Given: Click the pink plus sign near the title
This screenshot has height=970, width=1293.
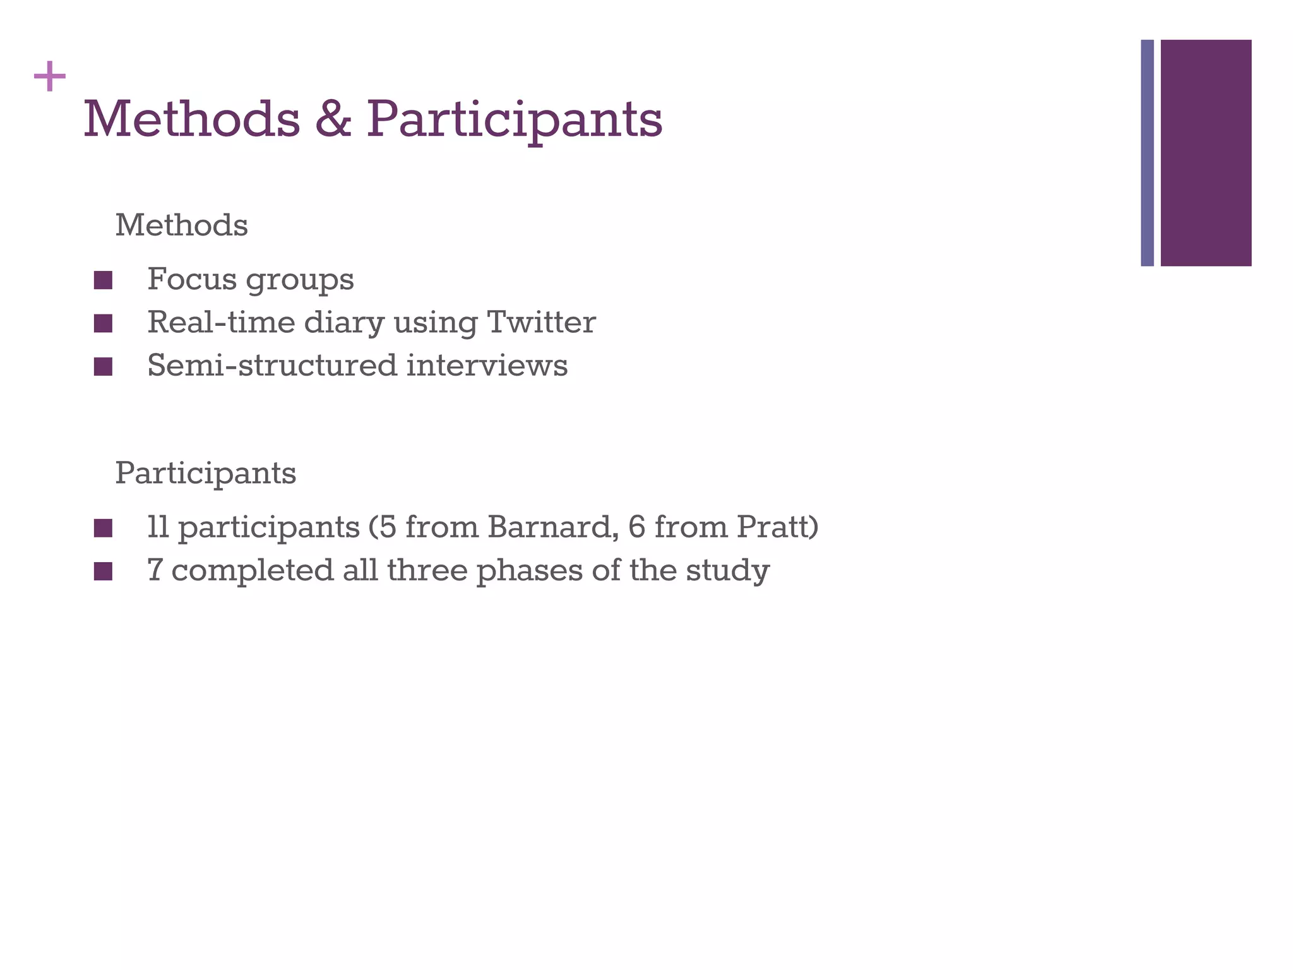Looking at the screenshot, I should click(x=50, y=77).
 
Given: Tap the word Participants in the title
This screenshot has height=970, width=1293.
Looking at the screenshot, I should click(x=515, y=120).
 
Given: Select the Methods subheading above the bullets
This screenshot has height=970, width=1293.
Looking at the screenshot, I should click(x=181, y=225).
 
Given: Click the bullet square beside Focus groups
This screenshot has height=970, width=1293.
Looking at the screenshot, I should click(x=103, y=280).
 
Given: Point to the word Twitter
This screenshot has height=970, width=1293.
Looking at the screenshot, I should click(x=541, y=322).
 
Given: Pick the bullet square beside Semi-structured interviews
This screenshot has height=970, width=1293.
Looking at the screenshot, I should click(x=103, y=366).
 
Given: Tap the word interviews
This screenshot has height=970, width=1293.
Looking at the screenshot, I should click(x=487, y=365).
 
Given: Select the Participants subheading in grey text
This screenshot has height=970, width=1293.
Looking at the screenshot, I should click(x=205, y=474).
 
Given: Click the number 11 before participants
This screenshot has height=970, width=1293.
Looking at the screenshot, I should click(x=158, y=527).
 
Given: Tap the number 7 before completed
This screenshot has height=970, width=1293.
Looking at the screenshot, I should click(x=155, y=570).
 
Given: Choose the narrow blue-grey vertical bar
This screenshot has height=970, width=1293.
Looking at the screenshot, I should click(x=1147, y=153).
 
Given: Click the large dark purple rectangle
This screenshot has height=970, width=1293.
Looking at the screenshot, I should click(x=1206, y=153).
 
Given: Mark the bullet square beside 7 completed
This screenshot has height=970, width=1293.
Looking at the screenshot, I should click(x=103, y=572).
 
